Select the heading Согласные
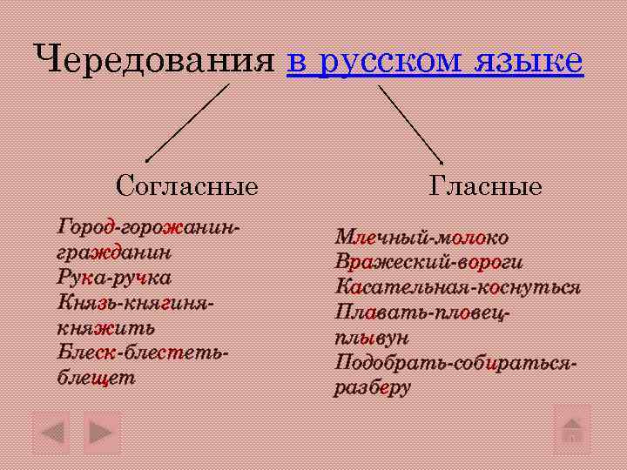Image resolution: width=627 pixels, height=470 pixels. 187,186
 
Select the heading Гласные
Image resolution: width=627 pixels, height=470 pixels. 485,186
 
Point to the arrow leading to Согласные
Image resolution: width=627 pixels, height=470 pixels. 187,122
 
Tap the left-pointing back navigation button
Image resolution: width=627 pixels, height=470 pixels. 51,432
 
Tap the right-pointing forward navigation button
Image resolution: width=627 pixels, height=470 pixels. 102,432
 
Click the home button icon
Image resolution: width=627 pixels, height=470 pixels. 572,428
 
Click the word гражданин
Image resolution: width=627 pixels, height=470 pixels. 114,253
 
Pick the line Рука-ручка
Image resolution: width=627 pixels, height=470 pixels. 114,278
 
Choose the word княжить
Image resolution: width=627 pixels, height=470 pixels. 106,328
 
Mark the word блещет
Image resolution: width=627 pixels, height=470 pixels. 97,378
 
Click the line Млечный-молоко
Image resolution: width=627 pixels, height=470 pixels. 421,238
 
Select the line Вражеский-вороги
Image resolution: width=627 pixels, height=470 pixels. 428,262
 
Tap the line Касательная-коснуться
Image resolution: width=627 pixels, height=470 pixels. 457,287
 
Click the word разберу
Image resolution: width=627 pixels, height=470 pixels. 372,387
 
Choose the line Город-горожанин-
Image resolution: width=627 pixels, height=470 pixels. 148,228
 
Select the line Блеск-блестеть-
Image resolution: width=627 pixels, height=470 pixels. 144,352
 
